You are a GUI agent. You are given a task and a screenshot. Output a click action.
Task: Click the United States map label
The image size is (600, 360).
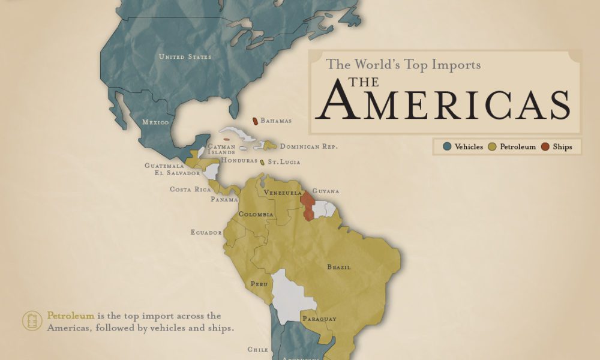[x=185, y=57]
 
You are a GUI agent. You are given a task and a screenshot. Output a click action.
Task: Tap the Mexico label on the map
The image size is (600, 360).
[x=155, y=122]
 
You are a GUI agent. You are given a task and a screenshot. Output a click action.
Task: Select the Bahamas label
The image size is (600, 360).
[x=276, y=121]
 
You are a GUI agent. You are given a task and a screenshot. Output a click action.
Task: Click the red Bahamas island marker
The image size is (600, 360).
[x=255, y=121]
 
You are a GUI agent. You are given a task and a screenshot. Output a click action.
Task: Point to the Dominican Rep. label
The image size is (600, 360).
[x=309, y=146]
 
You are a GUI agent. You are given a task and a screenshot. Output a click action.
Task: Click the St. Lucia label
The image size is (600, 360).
[x=284, y=162]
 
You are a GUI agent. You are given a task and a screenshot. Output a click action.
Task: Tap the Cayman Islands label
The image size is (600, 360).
[x=221, y=149]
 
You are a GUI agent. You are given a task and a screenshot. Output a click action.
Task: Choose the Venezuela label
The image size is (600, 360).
[x=283, y=193]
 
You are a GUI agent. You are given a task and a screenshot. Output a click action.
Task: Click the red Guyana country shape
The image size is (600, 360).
[x=307, y=206]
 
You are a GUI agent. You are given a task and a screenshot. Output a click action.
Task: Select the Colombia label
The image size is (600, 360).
[x=256, y=214]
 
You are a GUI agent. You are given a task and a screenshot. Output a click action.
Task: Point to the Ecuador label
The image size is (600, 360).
[x=206, y=232]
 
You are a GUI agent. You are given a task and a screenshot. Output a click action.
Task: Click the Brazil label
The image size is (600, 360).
[x=339, y=267]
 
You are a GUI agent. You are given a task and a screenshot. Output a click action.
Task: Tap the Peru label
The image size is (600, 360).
[x=259, y=284]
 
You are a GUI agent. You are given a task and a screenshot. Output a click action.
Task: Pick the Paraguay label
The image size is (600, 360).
[x=319, y=319]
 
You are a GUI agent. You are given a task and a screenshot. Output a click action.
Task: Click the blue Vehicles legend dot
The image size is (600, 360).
[x=447, y=146]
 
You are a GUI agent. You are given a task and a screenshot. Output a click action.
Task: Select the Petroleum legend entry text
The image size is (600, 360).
[x=517, y=146]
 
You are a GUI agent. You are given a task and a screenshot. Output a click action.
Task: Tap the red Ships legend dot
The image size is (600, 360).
[x=545, y=146]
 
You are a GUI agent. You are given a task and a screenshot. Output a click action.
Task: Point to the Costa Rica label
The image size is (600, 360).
[x=190, y=190]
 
